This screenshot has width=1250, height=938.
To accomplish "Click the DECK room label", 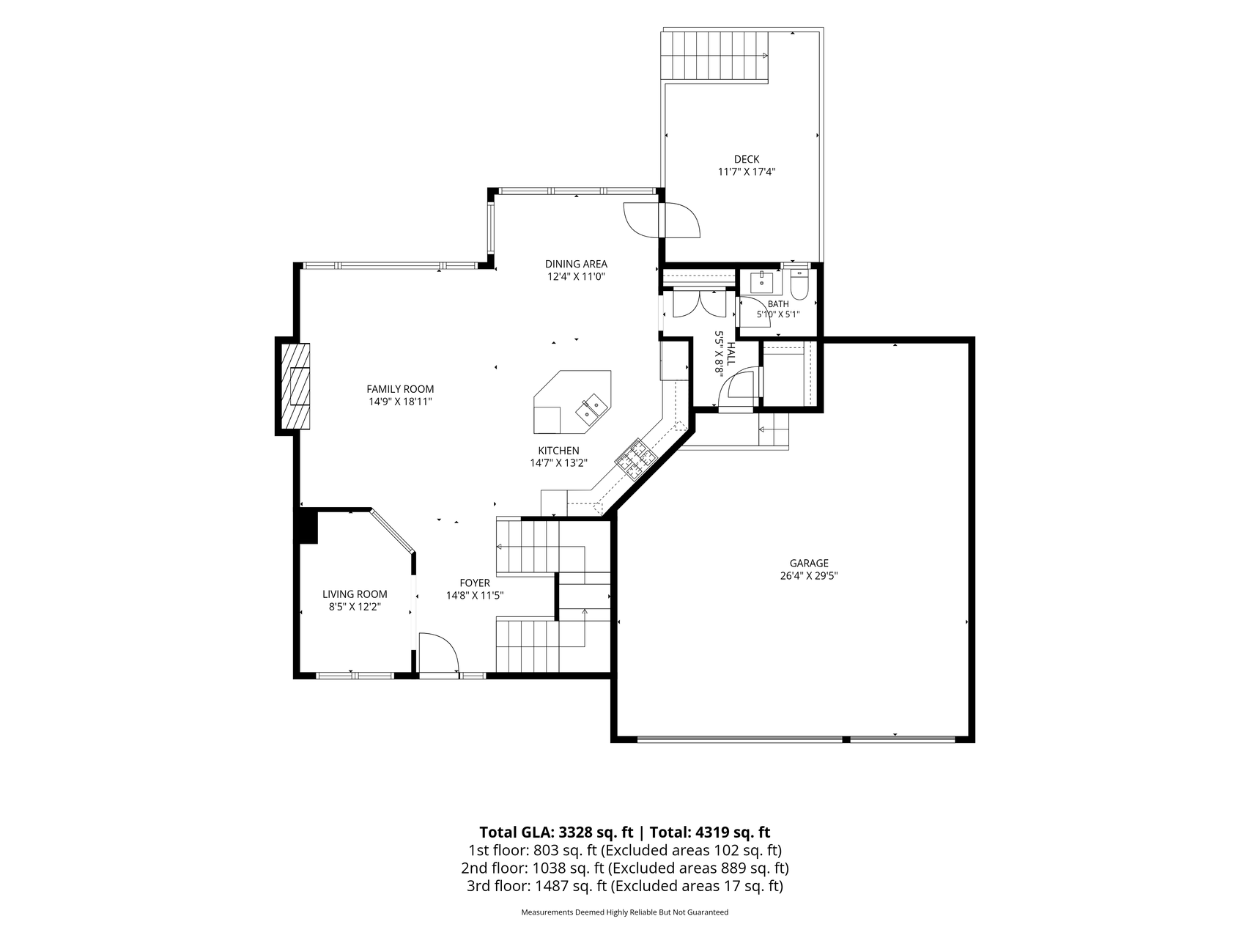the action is pos(747,159).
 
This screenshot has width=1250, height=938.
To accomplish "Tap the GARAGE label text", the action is pos(809,563).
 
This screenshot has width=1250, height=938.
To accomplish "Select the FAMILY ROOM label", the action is pos(400,389).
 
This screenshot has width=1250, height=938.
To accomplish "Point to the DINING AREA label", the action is pos(576,264).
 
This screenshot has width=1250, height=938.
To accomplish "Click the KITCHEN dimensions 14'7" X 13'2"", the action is pos(559,463).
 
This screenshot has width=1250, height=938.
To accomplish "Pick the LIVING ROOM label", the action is pos(355,594).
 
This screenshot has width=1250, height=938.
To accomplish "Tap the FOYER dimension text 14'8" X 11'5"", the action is pos(475,596).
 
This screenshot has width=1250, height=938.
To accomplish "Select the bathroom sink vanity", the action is pos(763,281).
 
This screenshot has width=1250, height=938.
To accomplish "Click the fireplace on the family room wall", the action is pos(293,385).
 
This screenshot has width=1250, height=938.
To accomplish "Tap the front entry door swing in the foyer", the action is pos(437,653).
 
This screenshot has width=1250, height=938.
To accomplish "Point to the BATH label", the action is pos(778,304).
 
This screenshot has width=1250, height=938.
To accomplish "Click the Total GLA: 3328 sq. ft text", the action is pos(556,832).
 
